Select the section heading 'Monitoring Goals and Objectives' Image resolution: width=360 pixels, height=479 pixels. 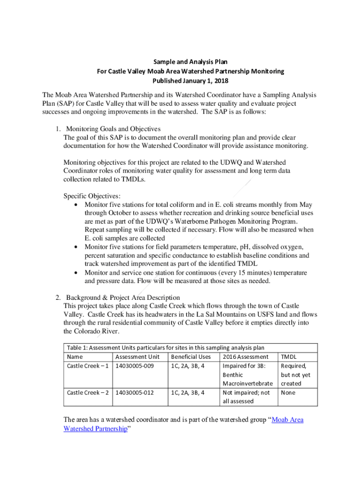coord(114,129)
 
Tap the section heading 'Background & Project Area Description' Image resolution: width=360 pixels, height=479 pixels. coord(123,298)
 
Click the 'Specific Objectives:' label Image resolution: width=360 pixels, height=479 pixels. coord(92,196)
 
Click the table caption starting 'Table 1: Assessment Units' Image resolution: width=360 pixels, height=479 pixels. coord(166,348)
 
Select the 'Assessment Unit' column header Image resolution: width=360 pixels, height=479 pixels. coord(137,357)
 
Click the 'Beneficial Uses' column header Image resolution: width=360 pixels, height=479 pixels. coord(191,357)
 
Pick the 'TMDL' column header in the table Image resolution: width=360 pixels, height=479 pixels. coord(288,357)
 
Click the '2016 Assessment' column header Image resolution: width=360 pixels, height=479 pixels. coord(245,357)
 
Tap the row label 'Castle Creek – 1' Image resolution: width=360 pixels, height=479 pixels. coord(88,366)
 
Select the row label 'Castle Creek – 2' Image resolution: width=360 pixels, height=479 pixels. coord(88,392)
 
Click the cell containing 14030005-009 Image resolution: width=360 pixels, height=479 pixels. coord(135,366)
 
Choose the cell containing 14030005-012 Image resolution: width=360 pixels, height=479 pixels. coord(135,392)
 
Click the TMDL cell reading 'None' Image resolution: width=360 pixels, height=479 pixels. coord(288,392)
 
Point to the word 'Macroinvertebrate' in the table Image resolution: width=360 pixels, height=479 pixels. coord(248,384)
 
